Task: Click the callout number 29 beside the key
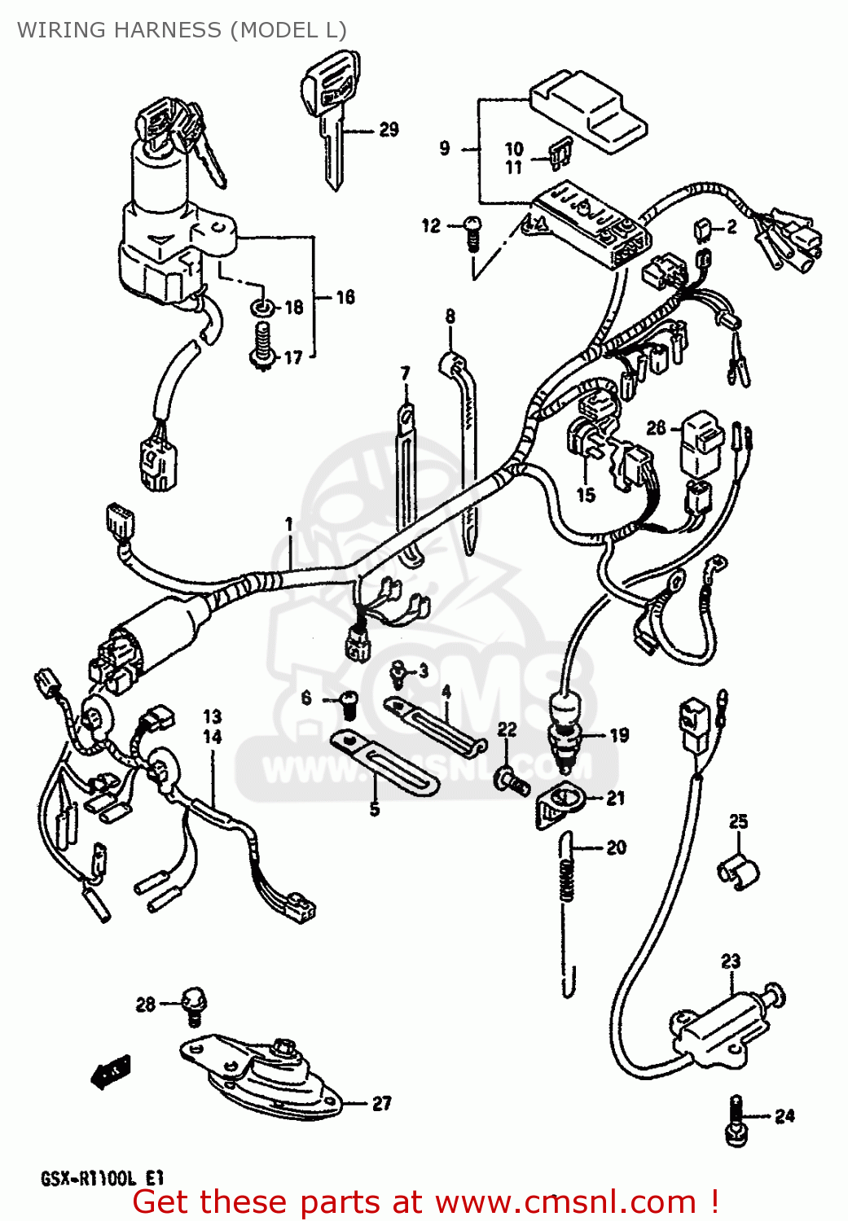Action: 389,129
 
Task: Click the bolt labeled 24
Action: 736,1121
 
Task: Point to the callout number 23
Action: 731,961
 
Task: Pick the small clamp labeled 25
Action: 738,872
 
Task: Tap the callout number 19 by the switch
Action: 619,735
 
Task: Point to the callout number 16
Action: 345,297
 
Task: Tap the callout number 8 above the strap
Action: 450,317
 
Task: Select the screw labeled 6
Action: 348,702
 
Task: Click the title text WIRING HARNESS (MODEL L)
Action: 182,30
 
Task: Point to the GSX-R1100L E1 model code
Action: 103,1178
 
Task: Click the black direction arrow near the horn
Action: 111,1070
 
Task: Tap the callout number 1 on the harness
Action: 288,525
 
